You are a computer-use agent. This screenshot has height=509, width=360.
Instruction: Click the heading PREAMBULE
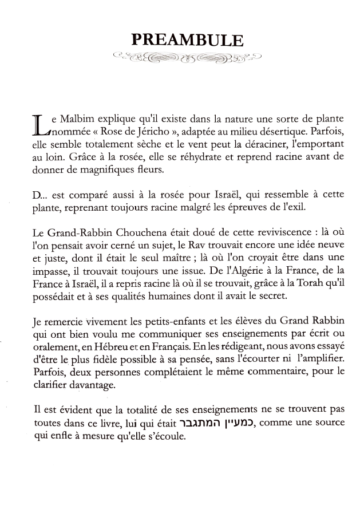(187, 40)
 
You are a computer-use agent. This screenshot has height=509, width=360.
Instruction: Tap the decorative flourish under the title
(187, 57)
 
